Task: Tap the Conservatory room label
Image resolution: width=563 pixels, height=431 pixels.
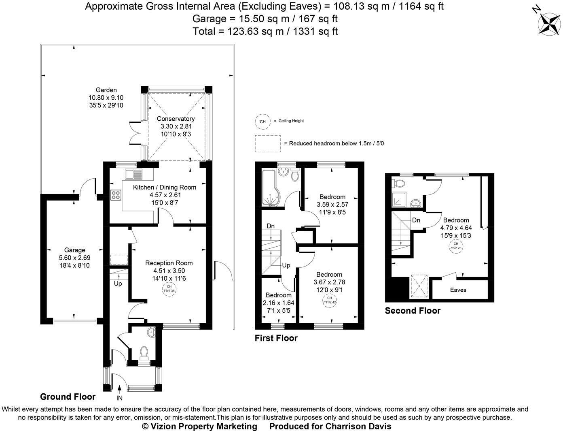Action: click(176, 119)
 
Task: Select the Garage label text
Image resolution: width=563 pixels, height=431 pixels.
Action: click(75, 250)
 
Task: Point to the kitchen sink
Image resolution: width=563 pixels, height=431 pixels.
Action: click(133, 174)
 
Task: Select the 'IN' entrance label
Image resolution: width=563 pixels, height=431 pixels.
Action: click(119, 398)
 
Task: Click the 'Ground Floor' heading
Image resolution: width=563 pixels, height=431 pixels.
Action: click(68, 397)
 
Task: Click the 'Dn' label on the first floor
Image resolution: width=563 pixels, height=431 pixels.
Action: click(271, 226)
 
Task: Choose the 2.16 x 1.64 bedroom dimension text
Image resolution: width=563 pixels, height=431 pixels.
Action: click(278, 303)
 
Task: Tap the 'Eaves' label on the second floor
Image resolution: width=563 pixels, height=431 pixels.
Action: click(458, 290)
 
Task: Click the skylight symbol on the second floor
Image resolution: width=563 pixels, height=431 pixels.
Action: click(420, 286)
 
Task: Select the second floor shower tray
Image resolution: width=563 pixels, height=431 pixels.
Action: click(398, 200)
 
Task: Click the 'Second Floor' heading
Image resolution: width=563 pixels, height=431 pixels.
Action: click(413, 311)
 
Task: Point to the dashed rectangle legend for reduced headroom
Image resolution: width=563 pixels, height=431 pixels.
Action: click(267, 143)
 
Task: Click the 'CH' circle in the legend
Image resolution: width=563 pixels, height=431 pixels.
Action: click(262, 121)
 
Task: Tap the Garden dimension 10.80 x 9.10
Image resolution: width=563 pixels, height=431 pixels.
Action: click(106, 98)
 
